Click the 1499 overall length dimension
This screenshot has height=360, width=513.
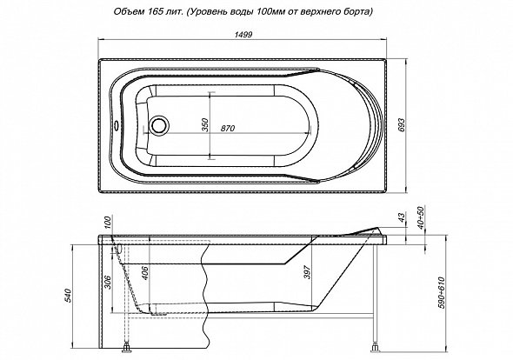coord(243,35)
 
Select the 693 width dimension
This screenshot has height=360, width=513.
coord(402,124)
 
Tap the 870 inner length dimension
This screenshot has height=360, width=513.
coord(228,129)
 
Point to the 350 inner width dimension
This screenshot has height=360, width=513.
coord(205,124)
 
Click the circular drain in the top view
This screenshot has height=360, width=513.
coord(160,124)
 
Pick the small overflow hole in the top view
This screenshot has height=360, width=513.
coord(117,125)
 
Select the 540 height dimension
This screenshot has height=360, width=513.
coord(68,296)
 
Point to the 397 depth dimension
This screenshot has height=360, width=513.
coord(307,271)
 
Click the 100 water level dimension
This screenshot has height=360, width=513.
coord(110,222)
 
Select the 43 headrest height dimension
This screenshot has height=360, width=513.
coord(402,217)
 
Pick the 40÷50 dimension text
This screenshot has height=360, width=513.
coord(421,217)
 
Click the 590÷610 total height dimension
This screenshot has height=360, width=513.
coord(442,293)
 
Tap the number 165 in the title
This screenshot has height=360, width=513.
coord(151,12)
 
